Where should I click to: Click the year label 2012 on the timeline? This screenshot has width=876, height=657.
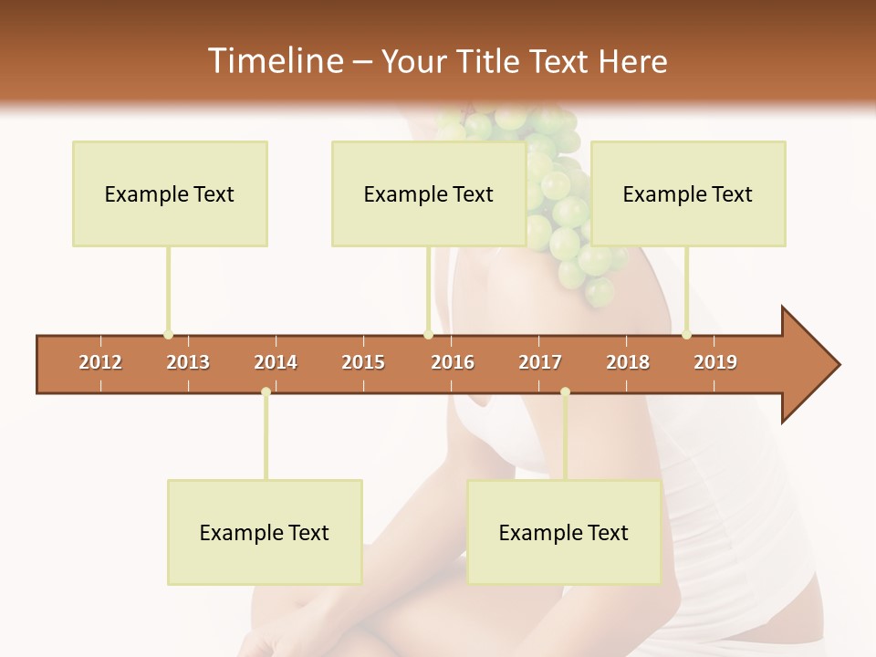[x=100, y=362]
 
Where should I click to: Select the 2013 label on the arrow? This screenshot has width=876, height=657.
[x=188, y=362]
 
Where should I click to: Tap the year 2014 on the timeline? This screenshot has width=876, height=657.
[x=276, y=362]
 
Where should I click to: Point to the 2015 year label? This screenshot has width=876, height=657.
[x=363, y=362]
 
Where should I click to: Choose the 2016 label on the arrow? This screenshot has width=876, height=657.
[x=453, y=362]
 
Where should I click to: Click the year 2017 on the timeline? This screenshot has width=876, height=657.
[x=540, y=362]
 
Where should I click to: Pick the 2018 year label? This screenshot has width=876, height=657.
[x=628, y=362]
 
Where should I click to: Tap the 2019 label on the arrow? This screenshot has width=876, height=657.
[x=715, y=362]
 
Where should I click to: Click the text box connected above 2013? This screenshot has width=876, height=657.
[x=170, y=193]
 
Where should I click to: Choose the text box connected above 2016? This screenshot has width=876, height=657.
[x=429, y=193]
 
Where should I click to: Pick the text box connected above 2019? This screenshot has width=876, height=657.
[x=688, y=193]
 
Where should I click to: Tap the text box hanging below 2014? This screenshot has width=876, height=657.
[x=265, y=532]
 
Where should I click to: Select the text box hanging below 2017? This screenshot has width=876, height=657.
[x=564, y=532]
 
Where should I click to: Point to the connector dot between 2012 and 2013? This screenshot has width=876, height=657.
[x=168, y=335]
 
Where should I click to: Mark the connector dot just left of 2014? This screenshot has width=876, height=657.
[x=266, y=392]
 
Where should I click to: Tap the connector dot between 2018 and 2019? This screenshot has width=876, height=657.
[x=686, y=335]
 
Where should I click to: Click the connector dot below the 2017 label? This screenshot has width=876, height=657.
[x=565, y=392]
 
